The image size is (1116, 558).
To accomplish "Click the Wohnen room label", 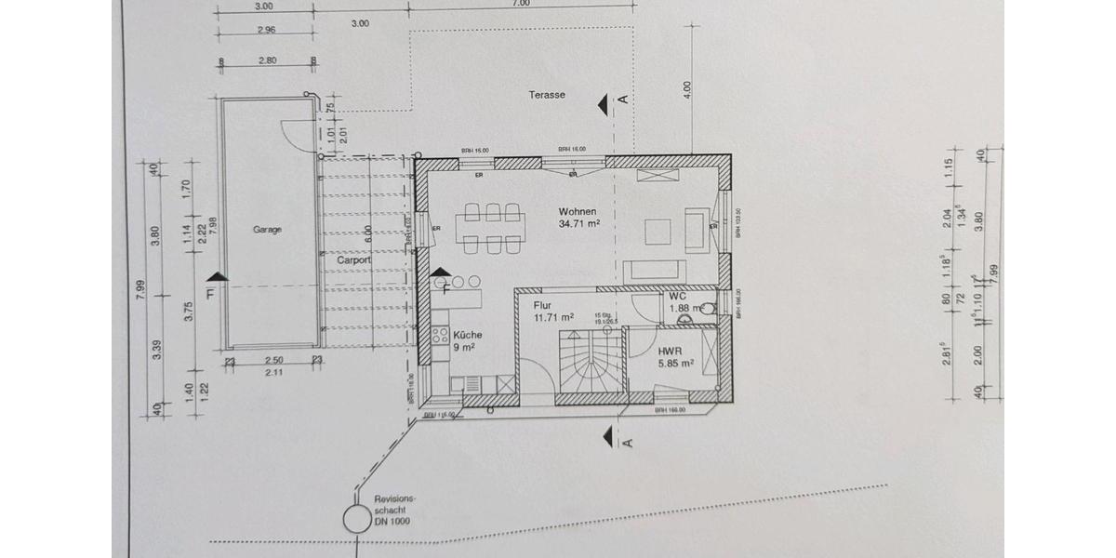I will [578, 211].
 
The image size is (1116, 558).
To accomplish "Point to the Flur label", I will [543, 304].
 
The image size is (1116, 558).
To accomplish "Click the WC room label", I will [677, 297].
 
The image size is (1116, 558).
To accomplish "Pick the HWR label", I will [671, 352].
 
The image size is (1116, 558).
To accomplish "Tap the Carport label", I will [354, 261].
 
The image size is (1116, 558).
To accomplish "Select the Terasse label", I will [547, 95].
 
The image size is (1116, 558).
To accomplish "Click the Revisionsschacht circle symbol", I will [355, 519].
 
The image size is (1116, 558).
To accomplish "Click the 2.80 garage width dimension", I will [267, 60].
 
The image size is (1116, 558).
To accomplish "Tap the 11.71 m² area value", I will [552, 317].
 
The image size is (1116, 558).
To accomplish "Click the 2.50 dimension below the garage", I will [272, 360].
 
